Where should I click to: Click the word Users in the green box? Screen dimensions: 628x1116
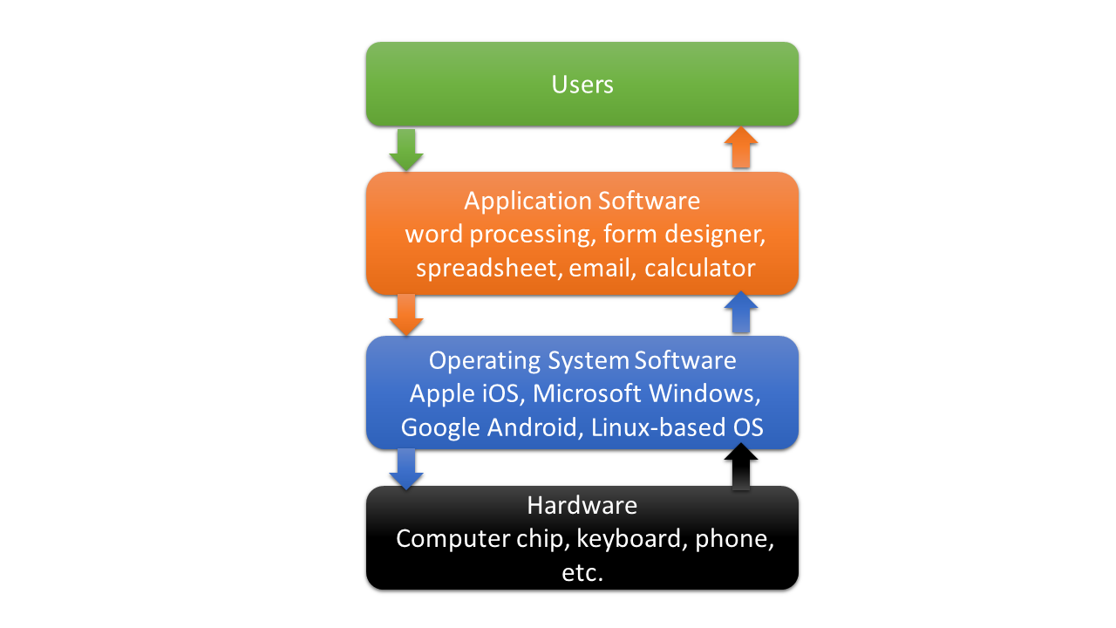point(582,85)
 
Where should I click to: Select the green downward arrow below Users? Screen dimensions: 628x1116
point(405,150)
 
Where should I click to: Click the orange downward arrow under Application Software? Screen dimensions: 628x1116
point(405,315)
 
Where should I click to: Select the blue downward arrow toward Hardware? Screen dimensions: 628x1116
point(405,469)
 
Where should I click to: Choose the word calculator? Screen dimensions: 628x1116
point(699,268)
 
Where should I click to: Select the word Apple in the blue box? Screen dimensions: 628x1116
point(442,394)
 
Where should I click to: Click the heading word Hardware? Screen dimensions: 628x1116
point(582,505)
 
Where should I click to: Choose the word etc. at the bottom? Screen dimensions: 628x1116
point(582,572)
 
